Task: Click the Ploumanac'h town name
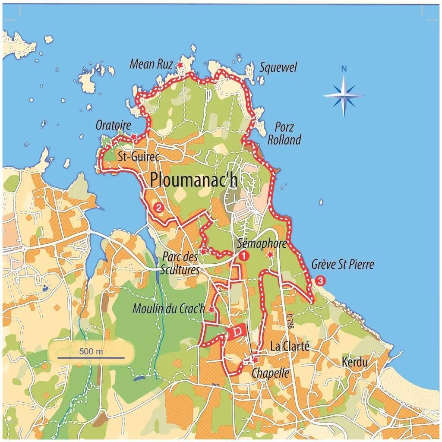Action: click(194, 180)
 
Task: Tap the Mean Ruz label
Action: click(151, 65)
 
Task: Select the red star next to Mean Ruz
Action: click(180, 65)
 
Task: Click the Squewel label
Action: click(278, 67)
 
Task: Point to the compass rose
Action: click(344, 95)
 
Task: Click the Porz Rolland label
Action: click(284, 133)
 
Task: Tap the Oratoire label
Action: click(113, 126)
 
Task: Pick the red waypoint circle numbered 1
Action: click(244, 256)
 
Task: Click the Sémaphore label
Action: click(262, 244)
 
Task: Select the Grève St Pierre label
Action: click(343, 264)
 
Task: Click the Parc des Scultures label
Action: click(180, 263)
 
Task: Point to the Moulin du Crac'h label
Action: click(169, 309)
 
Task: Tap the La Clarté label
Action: click(290, 346)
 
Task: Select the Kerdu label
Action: click(355, 362)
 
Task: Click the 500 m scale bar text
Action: click(91, 351)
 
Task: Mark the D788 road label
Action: click(290, 322)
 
